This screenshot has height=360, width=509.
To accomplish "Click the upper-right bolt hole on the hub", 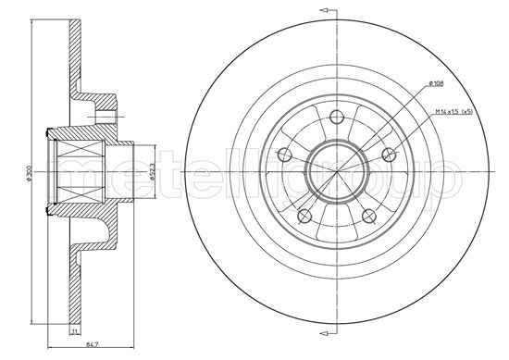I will (x=385, y=154).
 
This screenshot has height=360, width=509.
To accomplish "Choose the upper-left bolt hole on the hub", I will (x=285, y=154).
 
